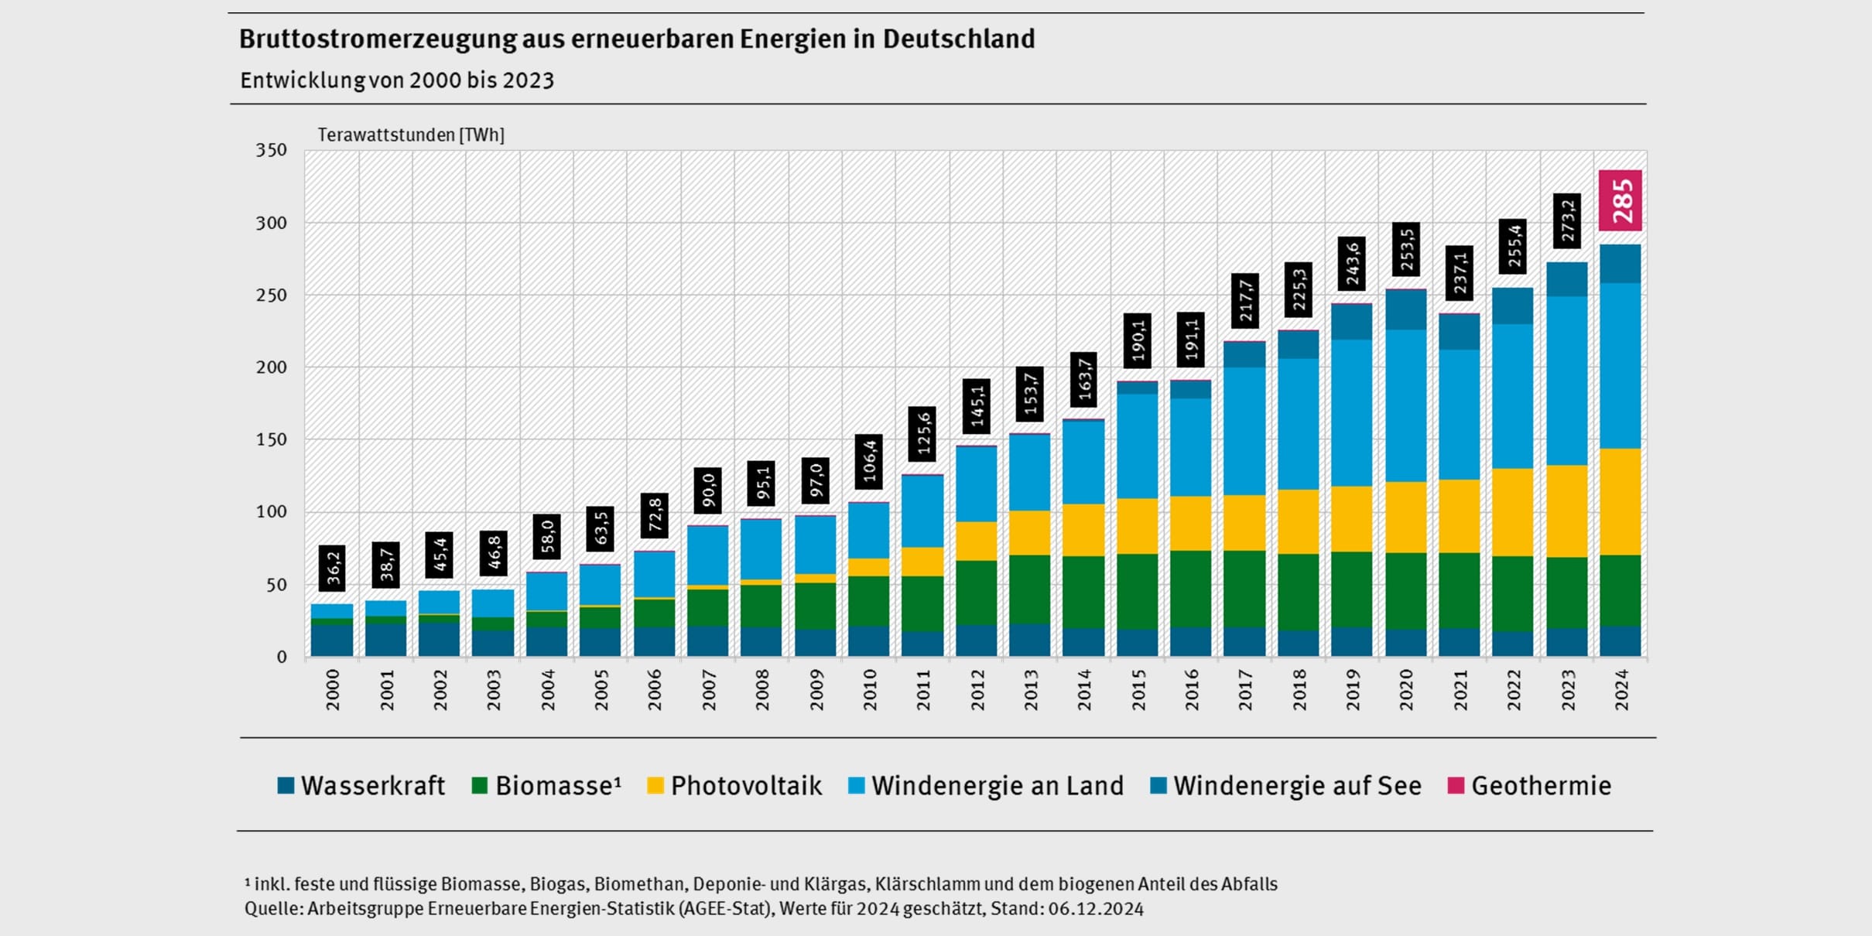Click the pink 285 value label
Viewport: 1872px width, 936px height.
click(x=1620, y=200)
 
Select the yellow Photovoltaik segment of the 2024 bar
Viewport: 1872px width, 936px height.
click(x=1620, y=501)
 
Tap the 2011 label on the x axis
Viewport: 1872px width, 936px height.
click(x=922, y=690)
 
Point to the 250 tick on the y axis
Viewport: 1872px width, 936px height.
click(x=271, y=295)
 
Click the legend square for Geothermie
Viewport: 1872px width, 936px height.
click(x=1456, y=786)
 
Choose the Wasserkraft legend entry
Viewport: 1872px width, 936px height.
click(x=361, y=786)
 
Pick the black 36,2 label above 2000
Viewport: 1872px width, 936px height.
click(x=332, y=568)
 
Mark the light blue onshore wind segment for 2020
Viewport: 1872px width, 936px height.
click(x=1405, y=405)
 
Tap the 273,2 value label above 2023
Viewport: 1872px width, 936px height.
click(x=1567, y=221)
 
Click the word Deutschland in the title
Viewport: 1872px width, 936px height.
click(x=958, y=39)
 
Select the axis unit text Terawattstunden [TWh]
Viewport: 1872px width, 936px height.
click(x=411, y=135)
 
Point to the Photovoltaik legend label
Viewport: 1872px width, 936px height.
click(x=745, y=786)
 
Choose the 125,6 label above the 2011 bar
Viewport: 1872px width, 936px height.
click(x=922, y=434)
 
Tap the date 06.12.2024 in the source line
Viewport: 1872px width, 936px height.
click(x=1095, y=909)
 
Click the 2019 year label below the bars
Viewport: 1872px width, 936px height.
click(x=1352, y=690)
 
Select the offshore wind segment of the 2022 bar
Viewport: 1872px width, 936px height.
click(x=1513, y=306)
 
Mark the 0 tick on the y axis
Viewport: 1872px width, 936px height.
click(x=281, y=658)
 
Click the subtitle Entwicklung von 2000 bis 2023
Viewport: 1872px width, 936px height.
click(x=396, y=80)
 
